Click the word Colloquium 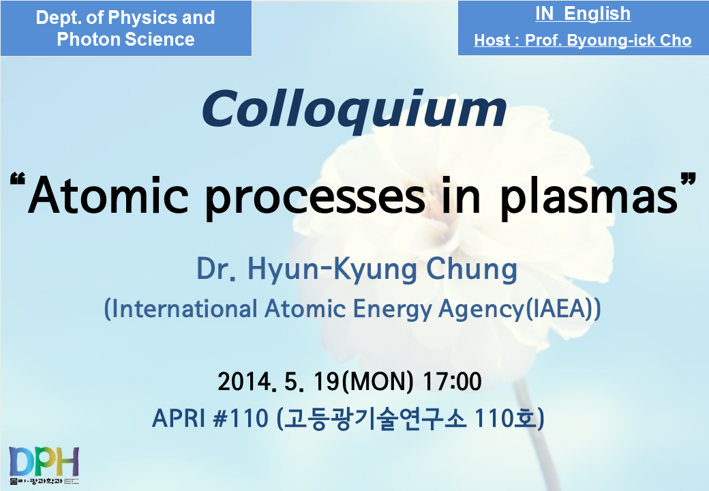coord(354,110)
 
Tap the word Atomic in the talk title coord(108,195)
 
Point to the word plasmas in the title coord(589,197)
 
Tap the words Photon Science coord(125,40)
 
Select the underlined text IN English coord(583,14)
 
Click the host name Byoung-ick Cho coord(629,40)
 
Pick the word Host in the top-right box coord(492,40)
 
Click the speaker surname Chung coord(472,269)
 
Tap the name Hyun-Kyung coord(332,270)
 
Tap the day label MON coord(378,381)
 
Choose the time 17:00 coord(452,381)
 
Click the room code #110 coord(241,418)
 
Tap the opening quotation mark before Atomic coord(17,181)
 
